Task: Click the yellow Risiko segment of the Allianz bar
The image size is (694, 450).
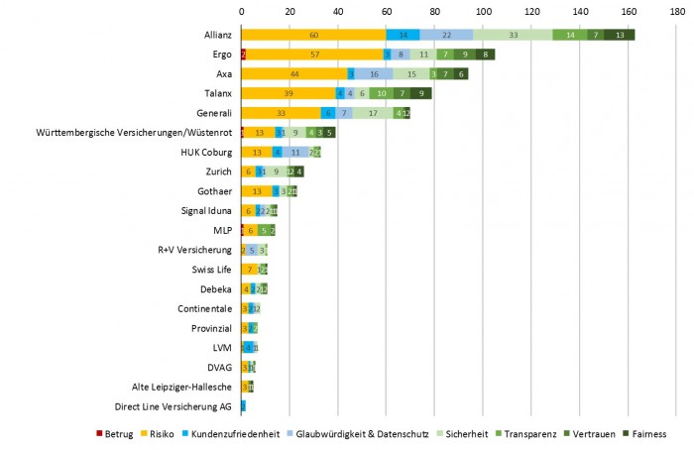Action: point(313,35)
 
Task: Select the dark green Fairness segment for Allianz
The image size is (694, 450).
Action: point(620,35)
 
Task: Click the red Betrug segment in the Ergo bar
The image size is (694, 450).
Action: point(243,55)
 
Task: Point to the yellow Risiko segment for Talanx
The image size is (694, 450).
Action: point(289,93)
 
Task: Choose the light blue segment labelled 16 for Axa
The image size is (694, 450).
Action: point(374,73)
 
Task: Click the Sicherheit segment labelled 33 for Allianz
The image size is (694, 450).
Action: point(513,35)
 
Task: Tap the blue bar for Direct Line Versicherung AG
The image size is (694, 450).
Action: point(243,405)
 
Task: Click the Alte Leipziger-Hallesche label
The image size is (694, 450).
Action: point(181,387)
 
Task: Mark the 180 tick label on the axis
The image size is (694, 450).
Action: point(676,11)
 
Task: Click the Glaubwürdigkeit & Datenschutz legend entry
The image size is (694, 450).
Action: point(349,433)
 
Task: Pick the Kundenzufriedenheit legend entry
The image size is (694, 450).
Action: point(228,433)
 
